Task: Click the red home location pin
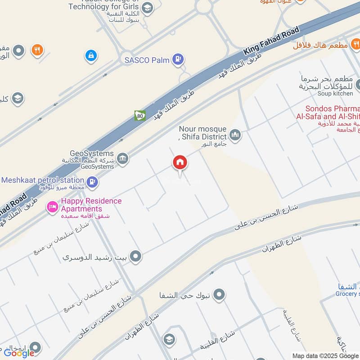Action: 180,162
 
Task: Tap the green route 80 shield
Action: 140,116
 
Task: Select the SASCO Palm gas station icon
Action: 179,59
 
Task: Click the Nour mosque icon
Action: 235,135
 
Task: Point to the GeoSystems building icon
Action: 122,158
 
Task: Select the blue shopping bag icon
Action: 91,56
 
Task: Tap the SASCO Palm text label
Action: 147,59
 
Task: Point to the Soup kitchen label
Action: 336,93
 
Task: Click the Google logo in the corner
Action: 19,353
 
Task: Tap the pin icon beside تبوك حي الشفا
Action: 219,295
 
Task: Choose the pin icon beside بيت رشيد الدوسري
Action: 135,257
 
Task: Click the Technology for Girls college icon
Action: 147,8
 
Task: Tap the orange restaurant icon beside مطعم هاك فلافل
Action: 355,44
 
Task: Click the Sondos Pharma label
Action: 333,108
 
